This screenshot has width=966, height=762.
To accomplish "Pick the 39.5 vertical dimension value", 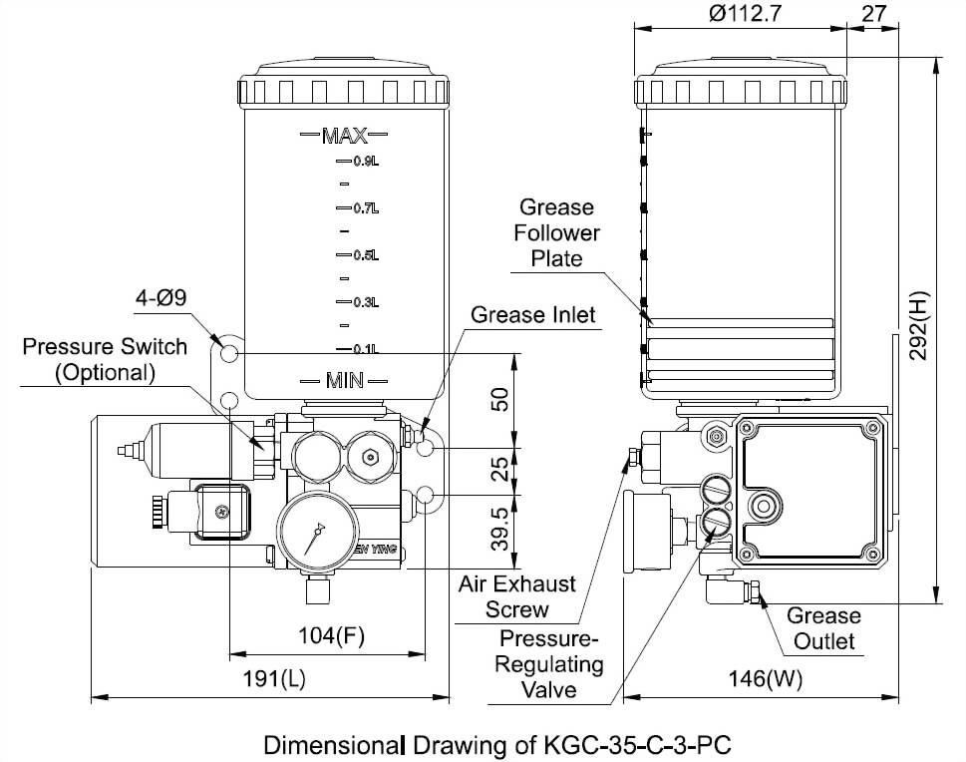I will [501, 528].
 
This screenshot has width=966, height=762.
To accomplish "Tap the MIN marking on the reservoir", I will [345, 380].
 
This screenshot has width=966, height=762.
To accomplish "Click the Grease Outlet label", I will [823, 627].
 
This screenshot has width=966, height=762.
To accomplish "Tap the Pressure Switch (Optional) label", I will [105, 359].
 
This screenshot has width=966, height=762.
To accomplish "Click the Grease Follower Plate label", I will [556, 233].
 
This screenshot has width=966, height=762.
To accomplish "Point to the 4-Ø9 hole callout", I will [161, 297].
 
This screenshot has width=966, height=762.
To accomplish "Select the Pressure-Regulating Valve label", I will [550, 663].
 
